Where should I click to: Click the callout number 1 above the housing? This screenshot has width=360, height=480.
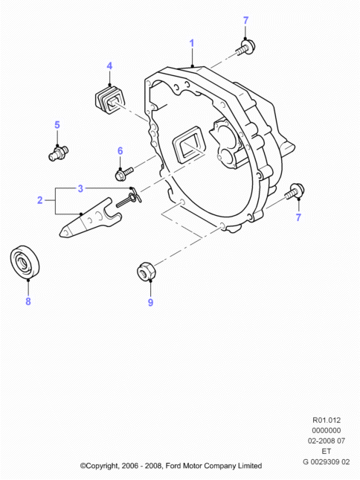191,43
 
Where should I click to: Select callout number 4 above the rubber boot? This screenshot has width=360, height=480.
109,66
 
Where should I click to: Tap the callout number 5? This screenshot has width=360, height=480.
57,125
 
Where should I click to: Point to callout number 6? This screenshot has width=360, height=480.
120,151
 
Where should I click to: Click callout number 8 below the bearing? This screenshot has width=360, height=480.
28,301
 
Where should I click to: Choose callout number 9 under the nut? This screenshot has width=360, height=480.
150,302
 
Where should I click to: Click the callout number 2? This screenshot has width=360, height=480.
39,200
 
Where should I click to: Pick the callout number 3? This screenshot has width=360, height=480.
80,188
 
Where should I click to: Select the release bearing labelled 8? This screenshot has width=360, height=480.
25,262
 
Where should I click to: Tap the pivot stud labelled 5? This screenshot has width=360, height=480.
59,153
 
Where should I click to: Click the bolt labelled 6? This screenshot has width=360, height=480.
123,173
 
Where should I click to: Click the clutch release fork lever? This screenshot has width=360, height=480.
90,218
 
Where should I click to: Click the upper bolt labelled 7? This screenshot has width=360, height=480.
246,48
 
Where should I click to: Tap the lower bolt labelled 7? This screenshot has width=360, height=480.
295,191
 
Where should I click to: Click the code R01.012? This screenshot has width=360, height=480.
326,420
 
